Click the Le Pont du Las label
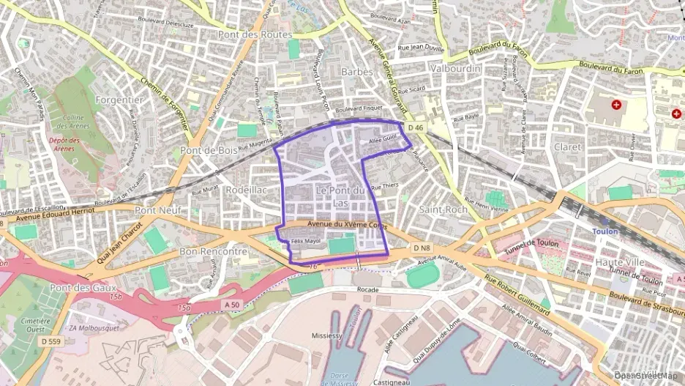point(340,196)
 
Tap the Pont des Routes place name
point(255,34)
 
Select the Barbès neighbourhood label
point(358,72)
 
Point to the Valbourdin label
point(455,68)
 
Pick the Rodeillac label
point(247,189)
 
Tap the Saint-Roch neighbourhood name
point(443,209)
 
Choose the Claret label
point(568,146)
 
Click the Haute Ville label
point(620,261)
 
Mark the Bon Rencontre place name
point(213,251)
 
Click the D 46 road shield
point(416,127)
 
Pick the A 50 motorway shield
point(232,305)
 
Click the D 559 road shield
point(51,341)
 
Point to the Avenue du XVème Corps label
point(347,225)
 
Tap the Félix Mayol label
point(306,240)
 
